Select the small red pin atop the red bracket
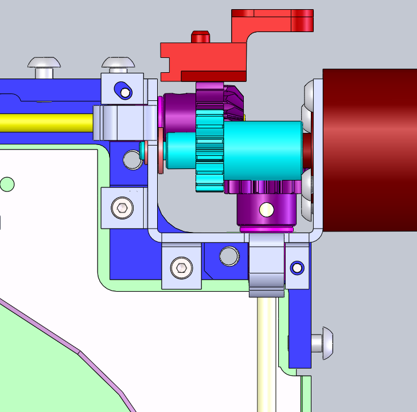tap(200, 37)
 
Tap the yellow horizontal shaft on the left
tap(46, 122)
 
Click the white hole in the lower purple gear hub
tap(267, 209)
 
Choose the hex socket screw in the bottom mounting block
tap(182, 266)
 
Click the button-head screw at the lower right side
tap(324, 343)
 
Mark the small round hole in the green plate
tap(7, 184)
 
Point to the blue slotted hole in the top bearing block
tap(123, 89)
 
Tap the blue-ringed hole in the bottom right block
tap(297, 267)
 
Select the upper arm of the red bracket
tap(272, 21)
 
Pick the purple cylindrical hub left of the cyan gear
tap(179, 111)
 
